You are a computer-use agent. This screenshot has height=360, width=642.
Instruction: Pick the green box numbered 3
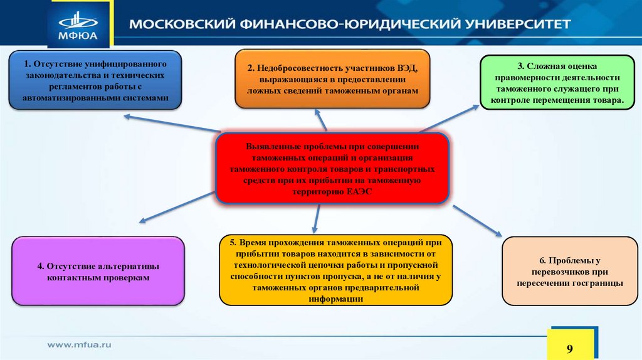click(557, 83)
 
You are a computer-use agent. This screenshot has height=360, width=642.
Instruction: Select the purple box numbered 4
click(98, 270)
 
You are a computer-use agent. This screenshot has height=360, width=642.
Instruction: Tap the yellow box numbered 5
click(336, 270)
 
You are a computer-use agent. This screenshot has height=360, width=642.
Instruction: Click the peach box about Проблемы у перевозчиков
click(569, 272)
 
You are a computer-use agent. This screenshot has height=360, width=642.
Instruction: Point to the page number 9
click(570, 349)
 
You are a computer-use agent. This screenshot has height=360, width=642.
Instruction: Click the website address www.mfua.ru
click(80, 344)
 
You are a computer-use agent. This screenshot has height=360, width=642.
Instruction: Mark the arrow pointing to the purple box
click(179, 208)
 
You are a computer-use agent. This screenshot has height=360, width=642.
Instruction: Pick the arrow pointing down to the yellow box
click(316, 217)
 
